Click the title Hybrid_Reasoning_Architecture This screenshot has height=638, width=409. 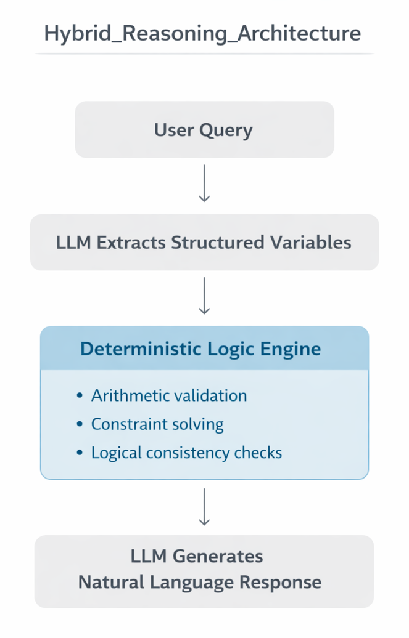(x=202, y=33)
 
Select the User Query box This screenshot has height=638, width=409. (x=204, y=130)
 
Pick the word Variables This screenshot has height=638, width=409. (x=313, y=242)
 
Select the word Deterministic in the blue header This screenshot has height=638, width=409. (x=137, y=349)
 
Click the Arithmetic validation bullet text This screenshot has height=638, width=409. (x=169, y=395)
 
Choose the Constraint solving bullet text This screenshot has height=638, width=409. (x=157, y=424)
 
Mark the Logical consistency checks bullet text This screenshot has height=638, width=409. (x=186, y=453)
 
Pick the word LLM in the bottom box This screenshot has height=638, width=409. (x=148, y=556)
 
